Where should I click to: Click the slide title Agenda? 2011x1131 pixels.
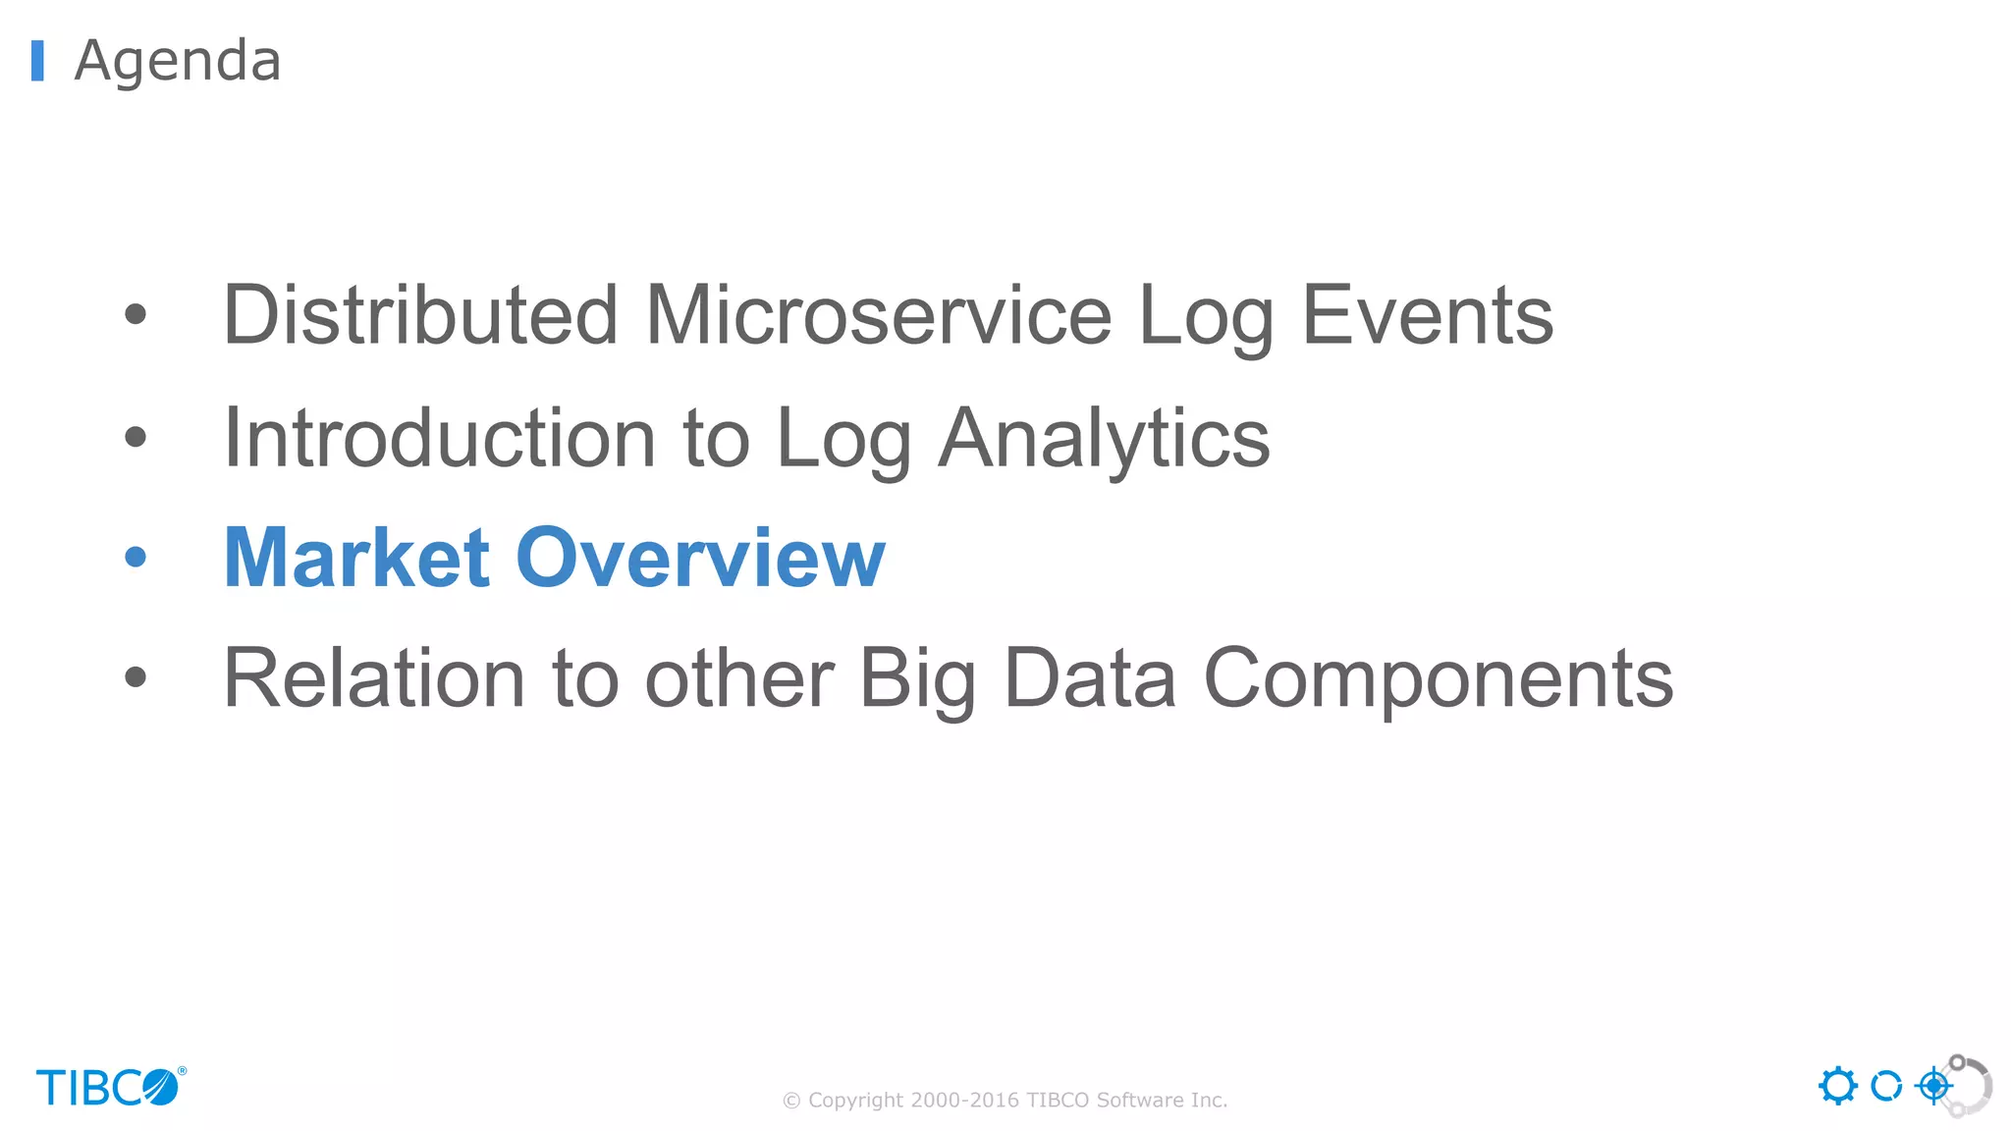(178, 61)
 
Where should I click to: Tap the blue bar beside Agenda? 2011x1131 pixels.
(37, 61)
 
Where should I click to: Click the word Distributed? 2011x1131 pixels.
(420, 315)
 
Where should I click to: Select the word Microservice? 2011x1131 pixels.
(878, 315)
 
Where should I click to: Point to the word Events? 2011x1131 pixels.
(1427, 315)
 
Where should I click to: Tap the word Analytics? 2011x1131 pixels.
(1104, 438)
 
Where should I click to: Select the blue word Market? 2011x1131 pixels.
(356, 558)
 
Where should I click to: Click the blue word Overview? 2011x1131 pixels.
(700, 558)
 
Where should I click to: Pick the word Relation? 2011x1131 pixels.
(374, 678)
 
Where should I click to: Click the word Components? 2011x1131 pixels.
(1439, 678)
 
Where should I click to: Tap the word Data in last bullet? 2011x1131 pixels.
(1090, 678)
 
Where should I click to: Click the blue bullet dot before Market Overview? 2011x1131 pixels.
(136, 558)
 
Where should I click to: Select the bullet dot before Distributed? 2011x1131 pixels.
(136, 315)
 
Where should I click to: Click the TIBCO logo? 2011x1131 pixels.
(110, 1087)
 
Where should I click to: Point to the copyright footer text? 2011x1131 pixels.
(1005, 1100)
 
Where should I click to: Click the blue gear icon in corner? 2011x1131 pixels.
(1837, 1086)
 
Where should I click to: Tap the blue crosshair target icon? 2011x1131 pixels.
(1933, 1086)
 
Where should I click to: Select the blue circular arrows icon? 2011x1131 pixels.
(1885, 1086)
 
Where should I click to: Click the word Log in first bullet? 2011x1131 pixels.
(1205, 315)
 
